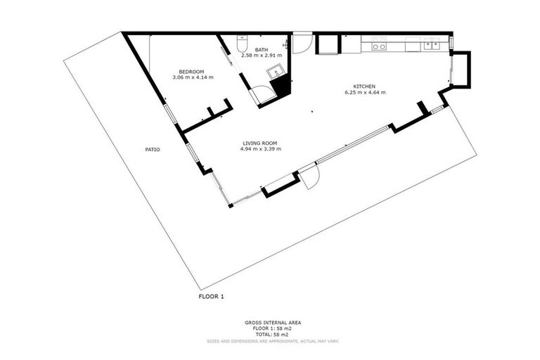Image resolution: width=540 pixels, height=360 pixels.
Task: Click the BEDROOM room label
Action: coord(191,71)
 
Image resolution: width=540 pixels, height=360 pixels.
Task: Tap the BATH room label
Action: coord(262,49)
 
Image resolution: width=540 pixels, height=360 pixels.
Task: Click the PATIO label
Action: coord(153,149)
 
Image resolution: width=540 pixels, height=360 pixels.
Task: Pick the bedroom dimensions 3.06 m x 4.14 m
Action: coord(192,77)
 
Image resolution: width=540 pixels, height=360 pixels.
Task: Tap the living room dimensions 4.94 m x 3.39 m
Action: coord(261,149)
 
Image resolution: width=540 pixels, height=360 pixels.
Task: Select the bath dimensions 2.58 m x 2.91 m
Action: coord(262,55)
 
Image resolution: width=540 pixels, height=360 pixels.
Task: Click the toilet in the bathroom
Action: coord(243,40)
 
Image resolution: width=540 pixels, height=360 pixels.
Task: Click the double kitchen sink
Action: coord(431,44)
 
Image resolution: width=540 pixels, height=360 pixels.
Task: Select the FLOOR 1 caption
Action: coord(211,297)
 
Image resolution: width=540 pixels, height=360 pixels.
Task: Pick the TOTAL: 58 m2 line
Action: coord(273,335)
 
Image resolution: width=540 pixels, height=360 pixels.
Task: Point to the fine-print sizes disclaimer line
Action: coord(273,341)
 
